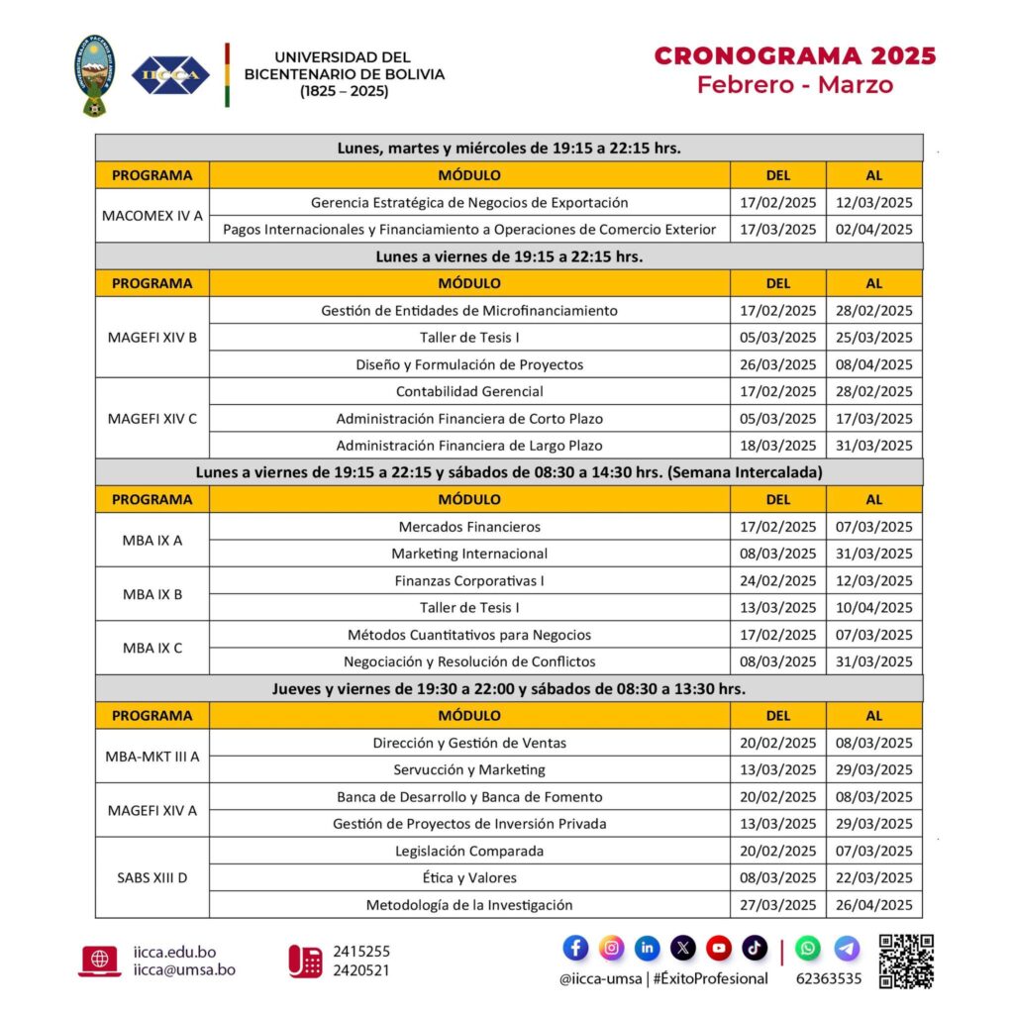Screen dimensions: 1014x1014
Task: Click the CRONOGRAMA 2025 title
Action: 794,55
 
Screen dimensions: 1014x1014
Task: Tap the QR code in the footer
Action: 906,961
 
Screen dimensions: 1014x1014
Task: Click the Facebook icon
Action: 575,948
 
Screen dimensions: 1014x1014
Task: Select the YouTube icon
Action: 719,948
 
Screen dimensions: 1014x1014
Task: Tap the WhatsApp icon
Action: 808,948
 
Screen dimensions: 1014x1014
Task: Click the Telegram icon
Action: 847,948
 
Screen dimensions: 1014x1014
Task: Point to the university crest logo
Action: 95,75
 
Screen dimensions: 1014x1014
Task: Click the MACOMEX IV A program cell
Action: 152,215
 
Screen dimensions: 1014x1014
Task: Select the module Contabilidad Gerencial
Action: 469,391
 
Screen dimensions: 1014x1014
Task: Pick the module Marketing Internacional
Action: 469,554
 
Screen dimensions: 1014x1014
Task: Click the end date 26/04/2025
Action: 874,904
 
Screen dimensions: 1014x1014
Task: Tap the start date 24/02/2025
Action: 778,580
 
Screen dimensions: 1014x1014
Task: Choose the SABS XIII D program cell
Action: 152,877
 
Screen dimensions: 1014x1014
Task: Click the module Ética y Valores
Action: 469,877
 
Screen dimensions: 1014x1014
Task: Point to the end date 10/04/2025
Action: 874,607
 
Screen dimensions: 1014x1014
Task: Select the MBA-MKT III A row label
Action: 152,756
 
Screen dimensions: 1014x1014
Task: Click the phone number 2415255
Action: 361,952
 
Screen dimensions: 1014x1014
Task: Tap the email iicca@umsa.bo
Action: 185,970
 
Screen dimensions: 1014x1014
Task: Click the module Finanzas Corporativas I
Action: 469,580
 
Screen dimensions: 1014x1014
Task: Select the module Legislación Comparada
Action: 469,851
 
